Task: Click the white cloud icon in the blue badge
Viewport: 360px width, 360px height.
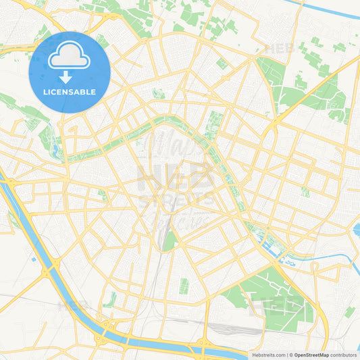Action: pyautogui.click(x=70, y=57)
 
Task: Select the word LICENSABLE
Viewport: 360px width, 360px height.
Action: pyautogui.click(x=70, y=91)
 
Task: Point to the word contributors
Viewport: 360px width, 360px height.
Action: pyautogui.click(x=344, y=355)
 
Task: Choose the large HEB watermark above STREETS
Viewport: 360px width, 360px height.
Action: pyautogui.click(x=177, y=177)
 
